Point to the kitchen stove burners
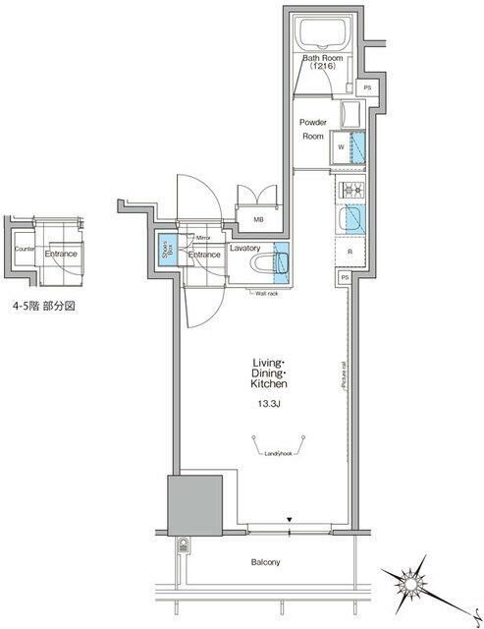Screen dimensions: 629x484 [x=350, y=190]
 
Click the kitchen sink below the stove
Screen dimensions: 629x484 [x=350, y=218]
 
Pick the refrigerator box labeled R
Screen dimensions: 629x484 [x=350, y=251]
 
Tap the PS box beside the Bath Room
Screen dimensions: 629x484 [x=367, y=88]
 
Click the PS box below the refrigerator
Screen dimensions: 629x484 [x=346, y=279]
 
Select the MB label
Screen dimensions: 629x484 [x=258, y=220]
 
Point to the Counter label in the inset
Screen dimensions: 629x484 [x=24, y=250]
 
